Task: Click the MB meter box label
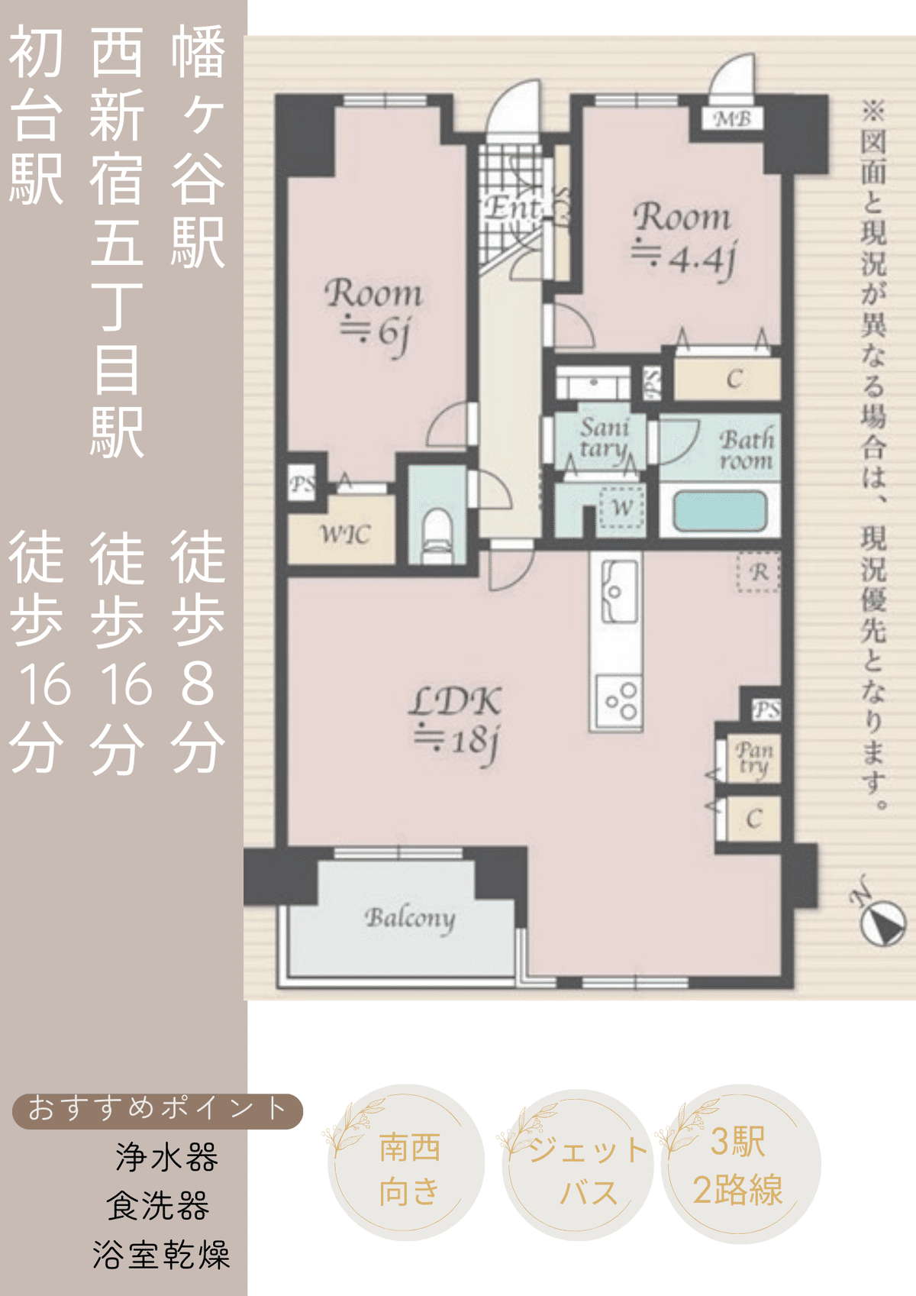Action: point(732,119)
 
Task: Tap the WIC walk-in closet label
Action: point(344,535)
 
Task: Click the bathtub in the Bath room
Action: point(719,511)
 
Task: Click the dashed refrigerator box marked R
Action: point(758,572)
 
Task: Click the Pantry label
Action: point(753,758)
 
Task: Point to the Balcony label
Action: point(409,918)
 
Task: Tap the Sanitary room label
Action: point(603,438)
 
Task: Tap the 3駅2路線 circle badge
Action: point(739,1165)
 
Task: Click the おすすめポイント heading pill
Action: point(157,1110)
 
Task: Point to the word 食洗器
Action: point(158,1207)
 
